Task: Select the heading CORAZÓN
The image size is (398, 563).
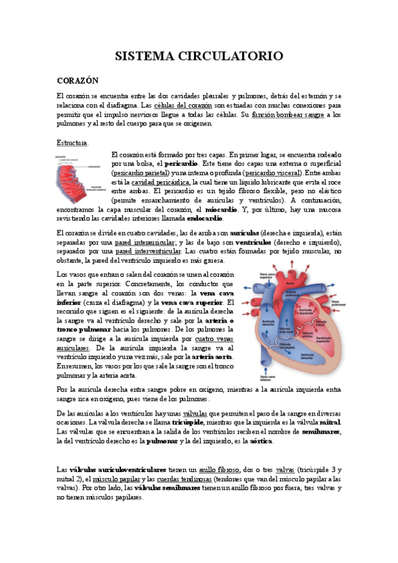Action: pos(78,80)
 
